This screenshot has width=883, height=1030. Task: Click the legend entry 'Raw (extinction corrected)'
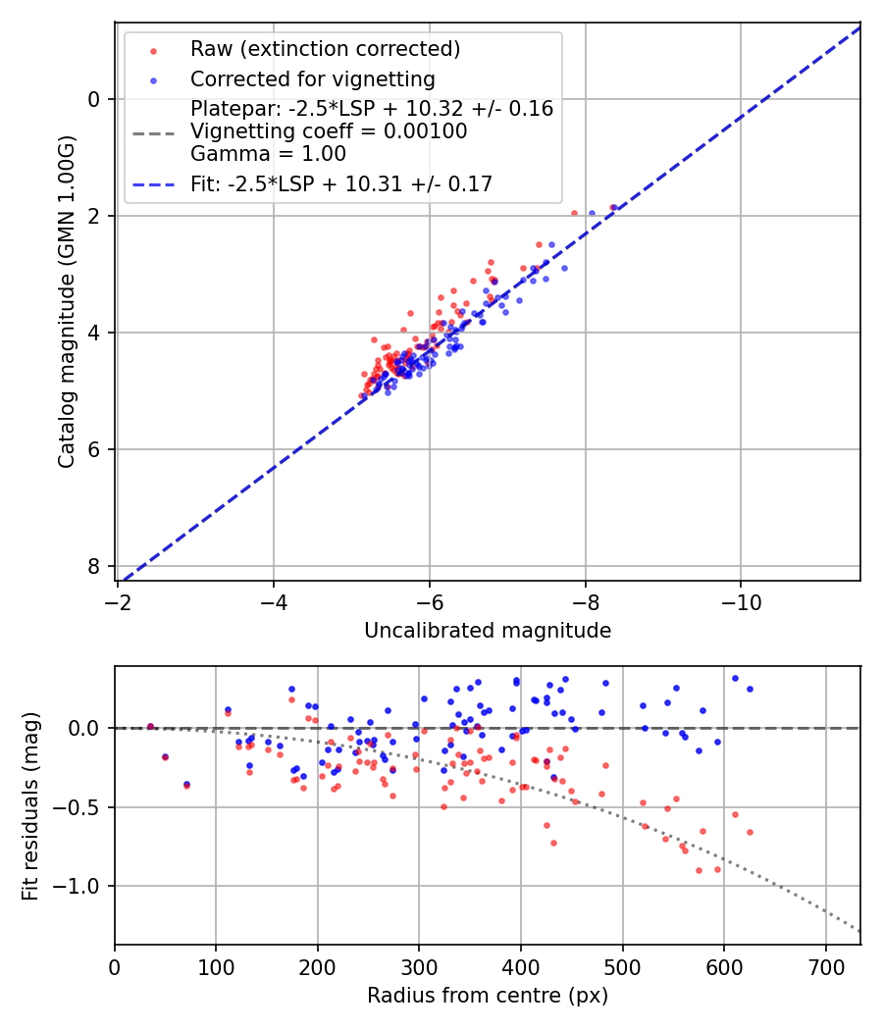point(325,49)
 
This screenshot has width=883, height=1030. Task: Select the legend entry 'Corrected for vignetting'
point(312,78)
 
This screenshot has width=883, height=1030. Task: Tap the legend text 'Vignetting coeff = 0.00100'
point(329,131)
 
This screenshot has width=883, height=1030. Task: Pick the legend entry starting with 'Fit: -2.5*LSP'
point(340,183)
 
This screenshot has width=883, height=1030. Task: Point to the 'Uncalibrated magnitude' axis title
point(488,631)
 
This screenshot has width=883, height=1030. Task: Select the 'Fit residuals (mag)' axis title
point(30,805)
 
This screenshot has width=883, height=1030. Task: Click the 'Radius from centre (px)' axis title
point(488,996)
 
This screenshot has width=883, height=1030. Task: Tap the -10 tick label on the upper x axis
point(741,599)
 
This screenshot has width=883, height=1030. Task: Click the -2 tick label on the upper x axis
point(118,599)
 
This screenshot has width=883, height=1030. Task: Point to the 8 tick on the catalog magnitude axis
point(94,567)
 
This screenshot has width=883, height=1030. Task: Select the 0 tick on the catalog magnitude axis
point(94,99)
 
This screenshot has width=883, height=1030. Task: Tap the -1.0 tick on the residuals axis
point(82,887)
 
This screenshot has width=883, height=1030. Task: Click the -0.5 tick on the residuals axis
point(82,807)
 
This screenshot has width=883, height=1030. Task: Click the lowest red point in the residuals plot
point(699,870)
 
